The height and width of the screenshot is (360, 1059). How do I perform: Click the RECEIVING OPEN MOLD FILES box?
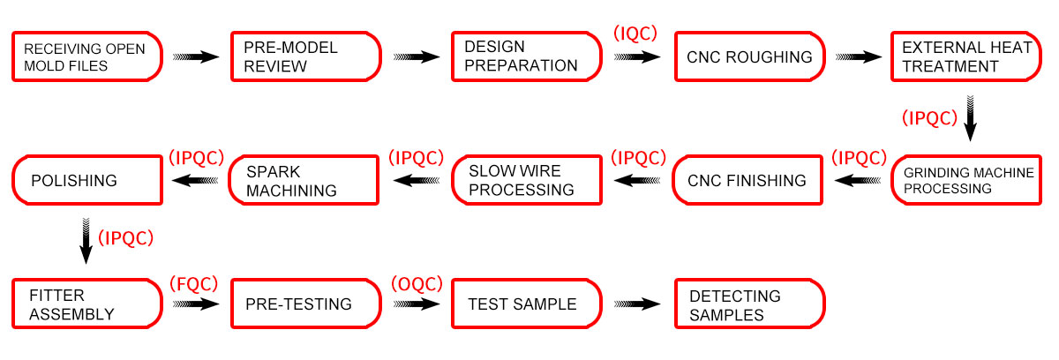(87, 56)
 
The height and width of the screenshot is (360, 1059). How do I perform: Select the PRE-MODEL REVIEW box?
(306, 56)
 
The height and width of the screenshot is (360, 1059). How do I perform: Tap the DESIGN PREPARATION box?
(527, 56)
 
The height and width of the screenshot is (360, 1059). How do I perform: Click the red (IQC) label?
(635, 34)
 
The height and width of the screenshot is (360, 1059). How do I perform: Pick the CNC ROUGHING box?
(750, 56)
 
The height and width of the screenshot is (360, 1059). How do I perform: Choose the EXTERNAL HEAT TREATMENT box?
(966, 56)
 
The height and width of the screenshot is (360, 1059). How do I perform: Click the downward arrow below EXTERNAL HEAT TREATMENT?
(970, 118)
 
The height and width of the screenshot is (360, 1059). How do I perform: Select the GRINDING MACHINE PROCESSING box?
(966, 180)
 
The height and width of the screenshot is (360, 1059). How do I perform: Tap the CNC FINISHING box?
(747, 180)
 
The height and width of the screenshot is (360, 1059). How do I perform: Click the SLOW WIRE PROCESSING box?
(527, 180)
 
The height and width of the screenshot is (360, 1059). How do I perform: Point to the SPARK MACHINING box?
(304, 180)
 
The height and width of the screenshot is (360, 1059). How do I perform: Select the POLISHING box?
(87, 180)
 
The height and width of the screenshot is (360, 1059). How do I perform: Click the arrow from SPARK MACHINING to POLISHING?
(195, 181)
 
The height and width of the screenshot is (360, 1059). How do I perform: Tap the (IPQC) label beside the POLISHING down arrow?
(125, 237)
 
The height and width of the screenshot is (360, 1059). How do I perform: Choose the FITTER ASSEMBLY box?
(87, 304)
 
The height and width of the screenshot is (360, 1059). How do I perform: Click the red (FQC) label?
(194, 284)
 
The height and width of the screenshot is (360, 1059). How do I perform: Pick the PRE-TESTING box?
(306, 304)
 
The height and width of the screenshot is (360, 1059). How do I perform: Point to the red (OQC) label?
(417, 284)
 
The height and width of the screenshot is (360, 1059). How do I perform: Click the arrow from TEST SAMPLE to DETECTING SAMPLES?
(637, 304)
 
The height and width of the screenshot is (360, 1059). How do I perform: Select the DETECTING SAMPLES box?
(750, 304)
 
